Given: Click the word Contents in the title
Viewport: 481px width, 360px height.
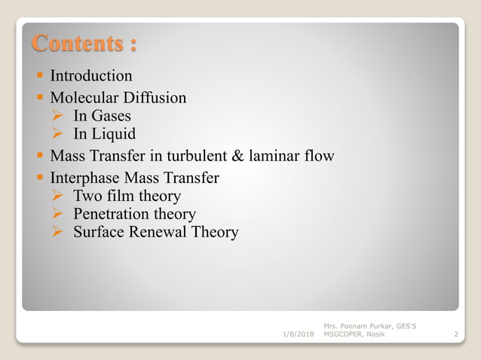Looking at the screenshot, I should click(75, 42).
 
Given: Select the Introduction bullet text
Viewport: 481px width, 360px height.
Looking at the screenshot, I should click(91, 76).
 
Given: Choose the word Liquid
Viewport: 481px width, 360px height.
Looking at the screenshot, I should click(114, 135).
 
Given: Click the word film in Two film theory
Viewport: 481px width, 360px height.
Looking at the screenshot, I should click(118, 197).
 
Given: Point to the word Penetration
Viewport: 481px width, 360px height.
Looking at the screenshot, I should click(112, 215).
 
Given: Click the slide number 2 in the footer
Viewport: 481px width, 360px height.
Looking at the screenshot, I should click(457, 333).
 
